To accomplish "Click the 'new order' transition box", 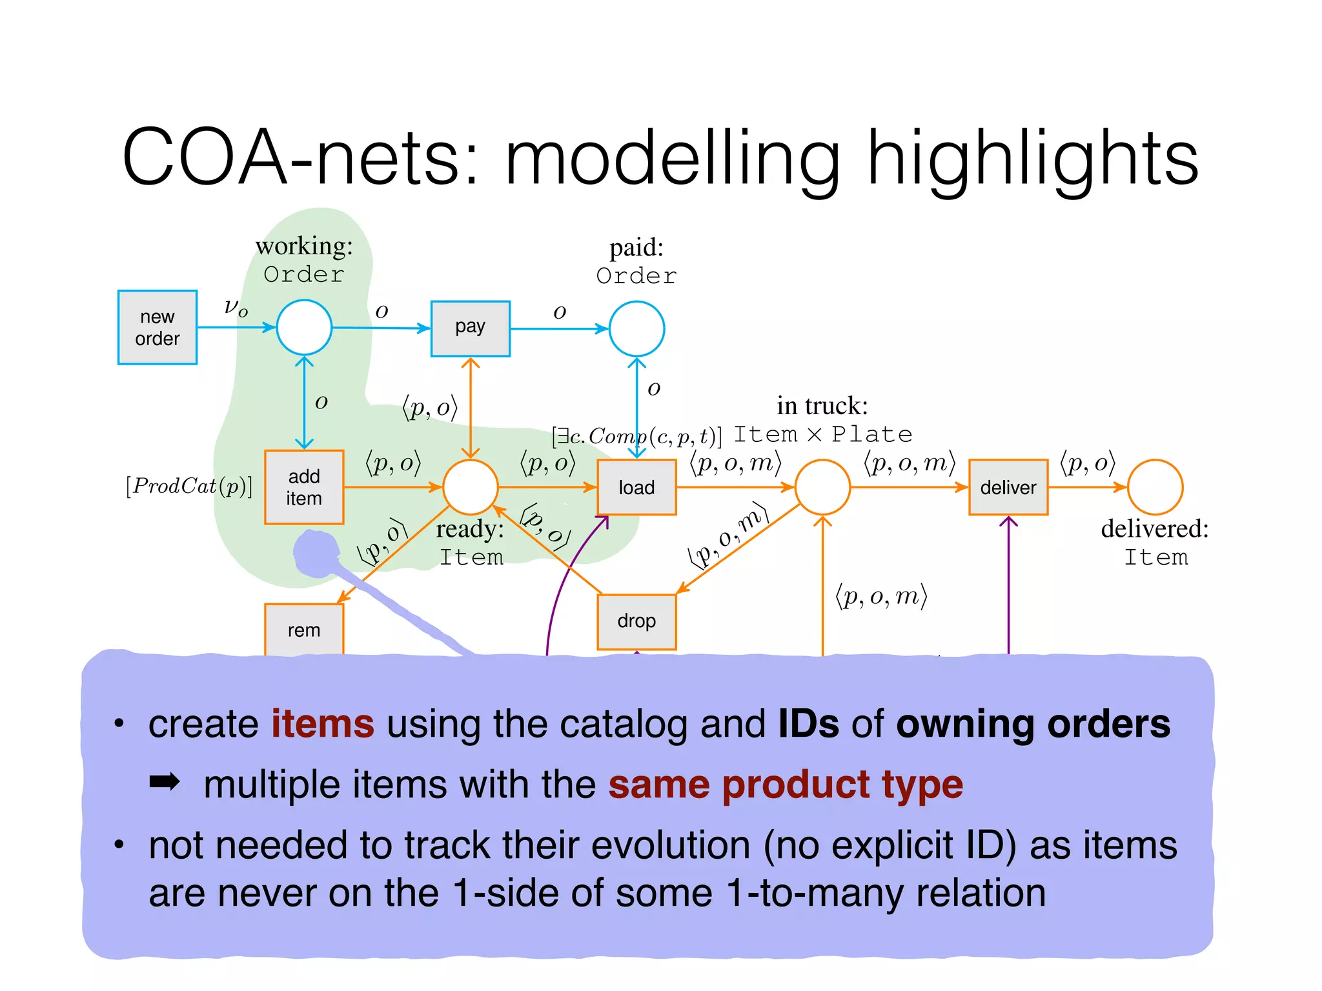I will [157, 327].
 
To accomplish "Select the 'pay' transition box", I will [470, 328].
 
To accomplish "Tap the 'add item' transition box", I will [303, 487].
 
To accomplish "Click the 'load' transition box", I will [636, 487].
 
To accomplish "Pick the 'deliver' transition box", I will [1008, 487].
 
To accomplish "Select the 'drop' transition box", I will [636, 621].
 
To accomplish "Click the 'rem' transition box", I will [303, 630].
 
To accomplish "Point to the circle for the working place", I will [304, 327].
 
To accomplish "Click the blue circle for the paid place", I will [636, 328].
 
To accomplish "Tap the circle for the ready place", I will [470, 487].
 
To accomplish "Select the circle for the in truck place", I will [822, 487].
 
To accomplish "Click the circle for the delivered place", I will [1155, 487].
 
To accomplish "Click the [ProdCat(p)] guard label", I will [189, 486].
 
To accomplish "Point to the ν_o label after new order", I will [236, 307].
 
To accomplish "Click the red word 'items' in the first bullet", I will [322, 723].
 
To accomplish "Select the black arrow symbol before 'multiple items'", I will [165, 783].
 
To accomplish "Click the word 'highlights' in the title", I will [1032, 158].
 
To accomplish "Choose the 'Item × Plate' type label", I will [823, 434].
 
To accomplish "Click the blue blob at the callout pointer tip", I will [316, 553].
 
